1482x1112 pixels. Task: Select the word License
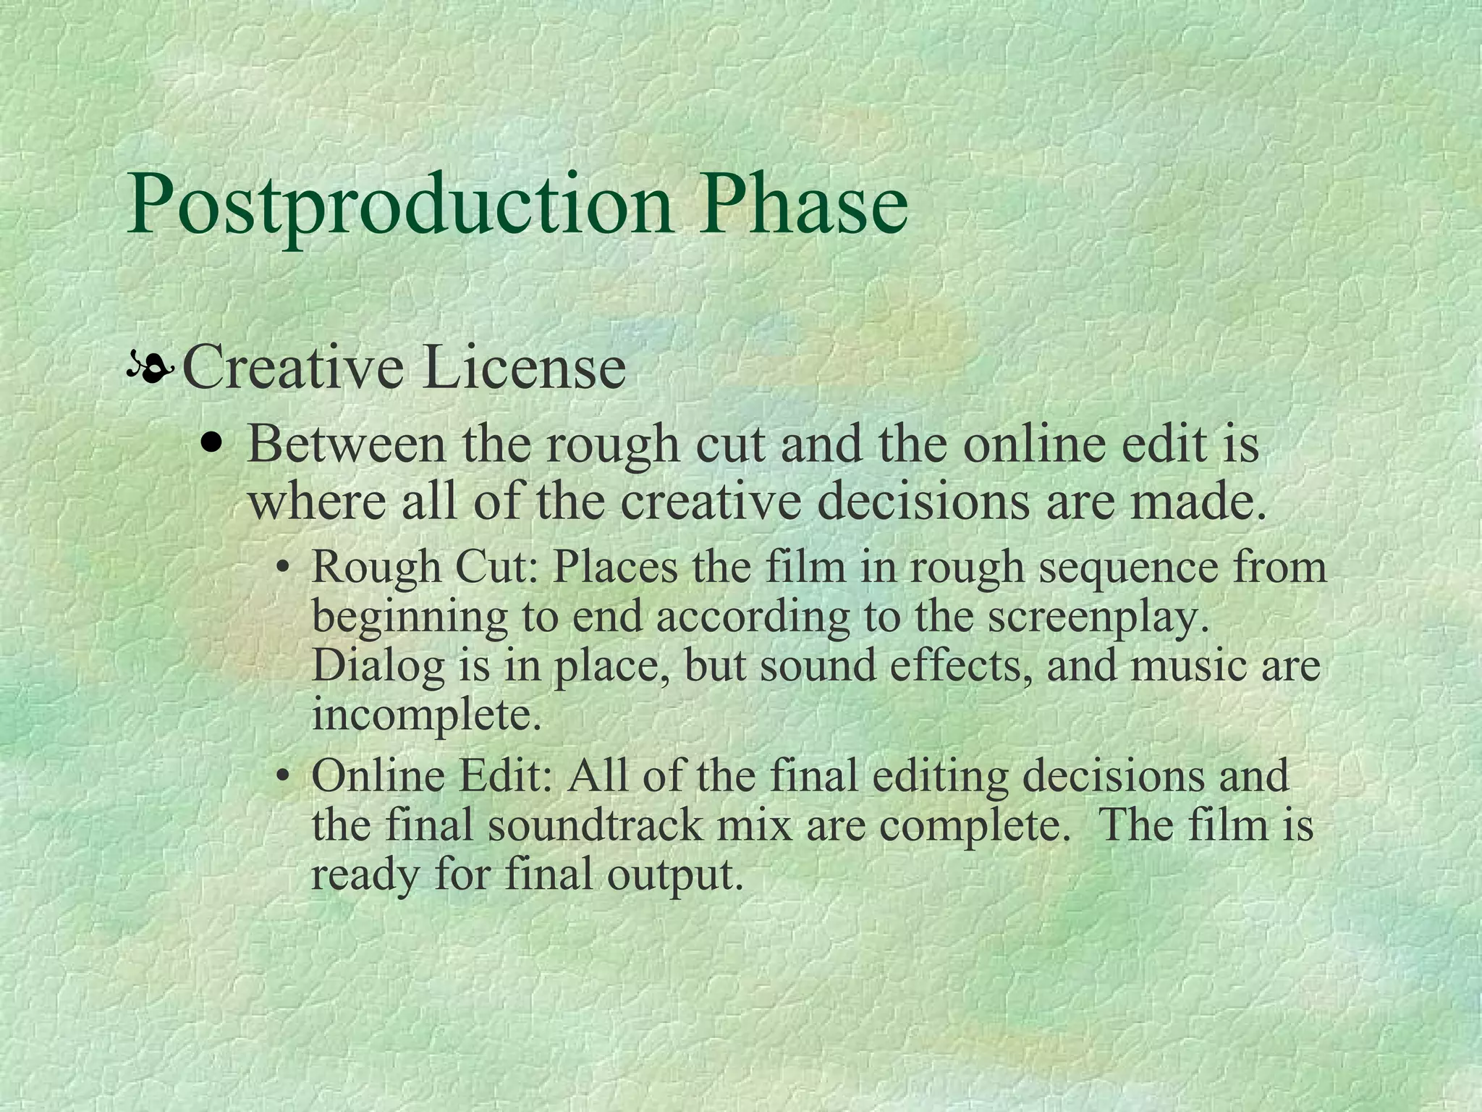tap(525, 368)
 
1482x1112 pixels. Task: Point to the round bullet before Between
tap(212, 442)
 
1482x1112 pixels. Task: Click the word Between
tap(347, 444)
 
